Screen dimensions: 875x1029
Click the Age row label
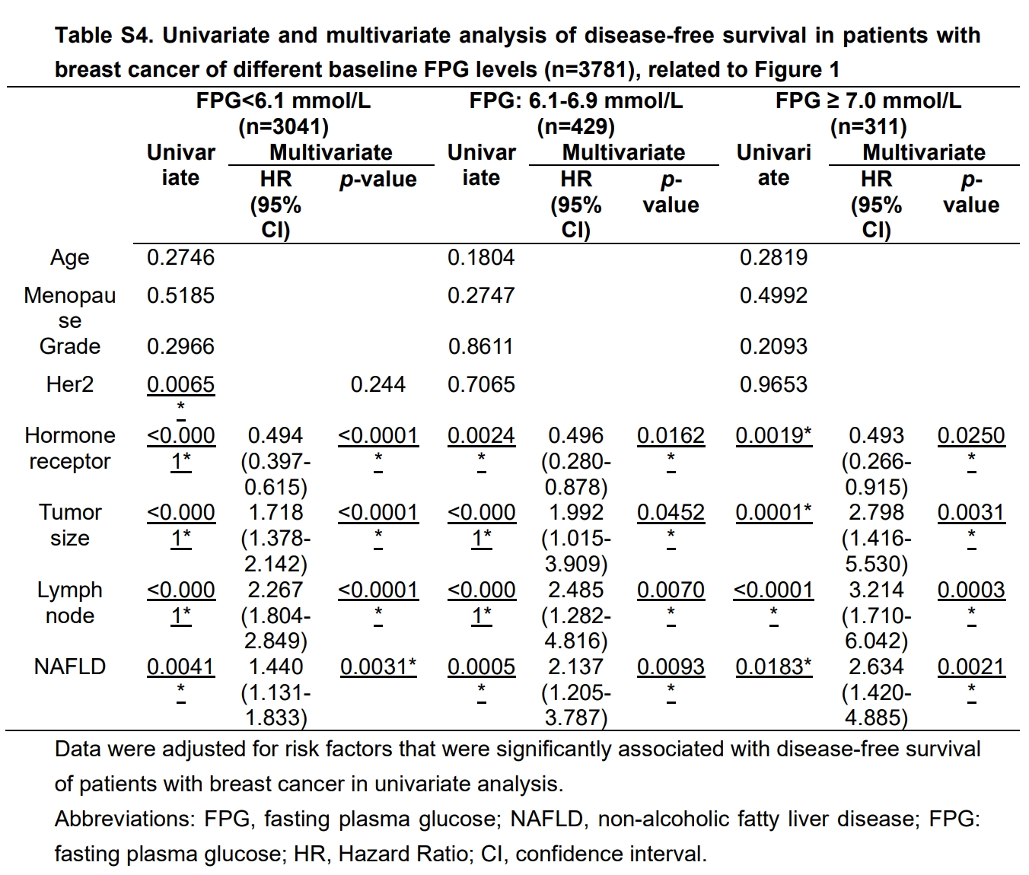[x=69, y=258]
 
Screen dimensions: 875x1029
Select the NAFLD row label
[x=69, y=667]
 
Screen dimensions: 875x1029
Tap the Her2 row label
[x=69, y=385]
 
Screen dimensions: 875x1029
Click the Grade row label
[x=69, y=347]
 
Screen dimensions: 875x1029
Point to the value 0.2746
[x=180, y=258]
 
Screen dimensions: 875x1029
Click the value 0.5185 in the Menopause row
[x=180, y=296]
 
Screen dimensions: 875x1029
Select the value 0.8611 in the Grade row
[x=481, y=347]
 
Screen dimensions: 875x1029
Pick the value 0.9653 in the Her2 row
[x=773, y=385]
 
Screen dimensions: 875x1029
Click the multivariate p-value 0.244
[x=378, y=385]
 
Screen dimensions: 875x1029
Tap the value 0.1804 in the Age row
[x=481, y=258]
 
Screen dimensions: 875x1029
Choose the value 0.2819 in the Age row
[x=773, y=258]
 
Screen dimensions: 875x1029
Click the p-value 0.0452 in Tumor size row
[x=671, y=514]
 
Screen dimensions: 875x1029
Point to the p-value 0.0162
[x=671, y=437]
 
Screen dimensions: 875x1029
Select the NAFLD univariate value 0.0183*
[x=773, y=667]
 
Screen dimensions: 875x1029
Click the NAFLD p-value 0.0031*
[x=378, y=667]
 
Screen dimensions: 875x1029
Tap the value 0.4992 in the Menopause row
[x=773, y=296]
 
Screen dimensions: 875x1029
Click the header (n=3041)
[x=283, y=127]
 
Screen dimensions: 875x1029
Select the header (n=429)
[x=575, y=127]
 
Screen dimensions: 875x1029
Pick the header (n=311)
[x=868, y=127]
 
